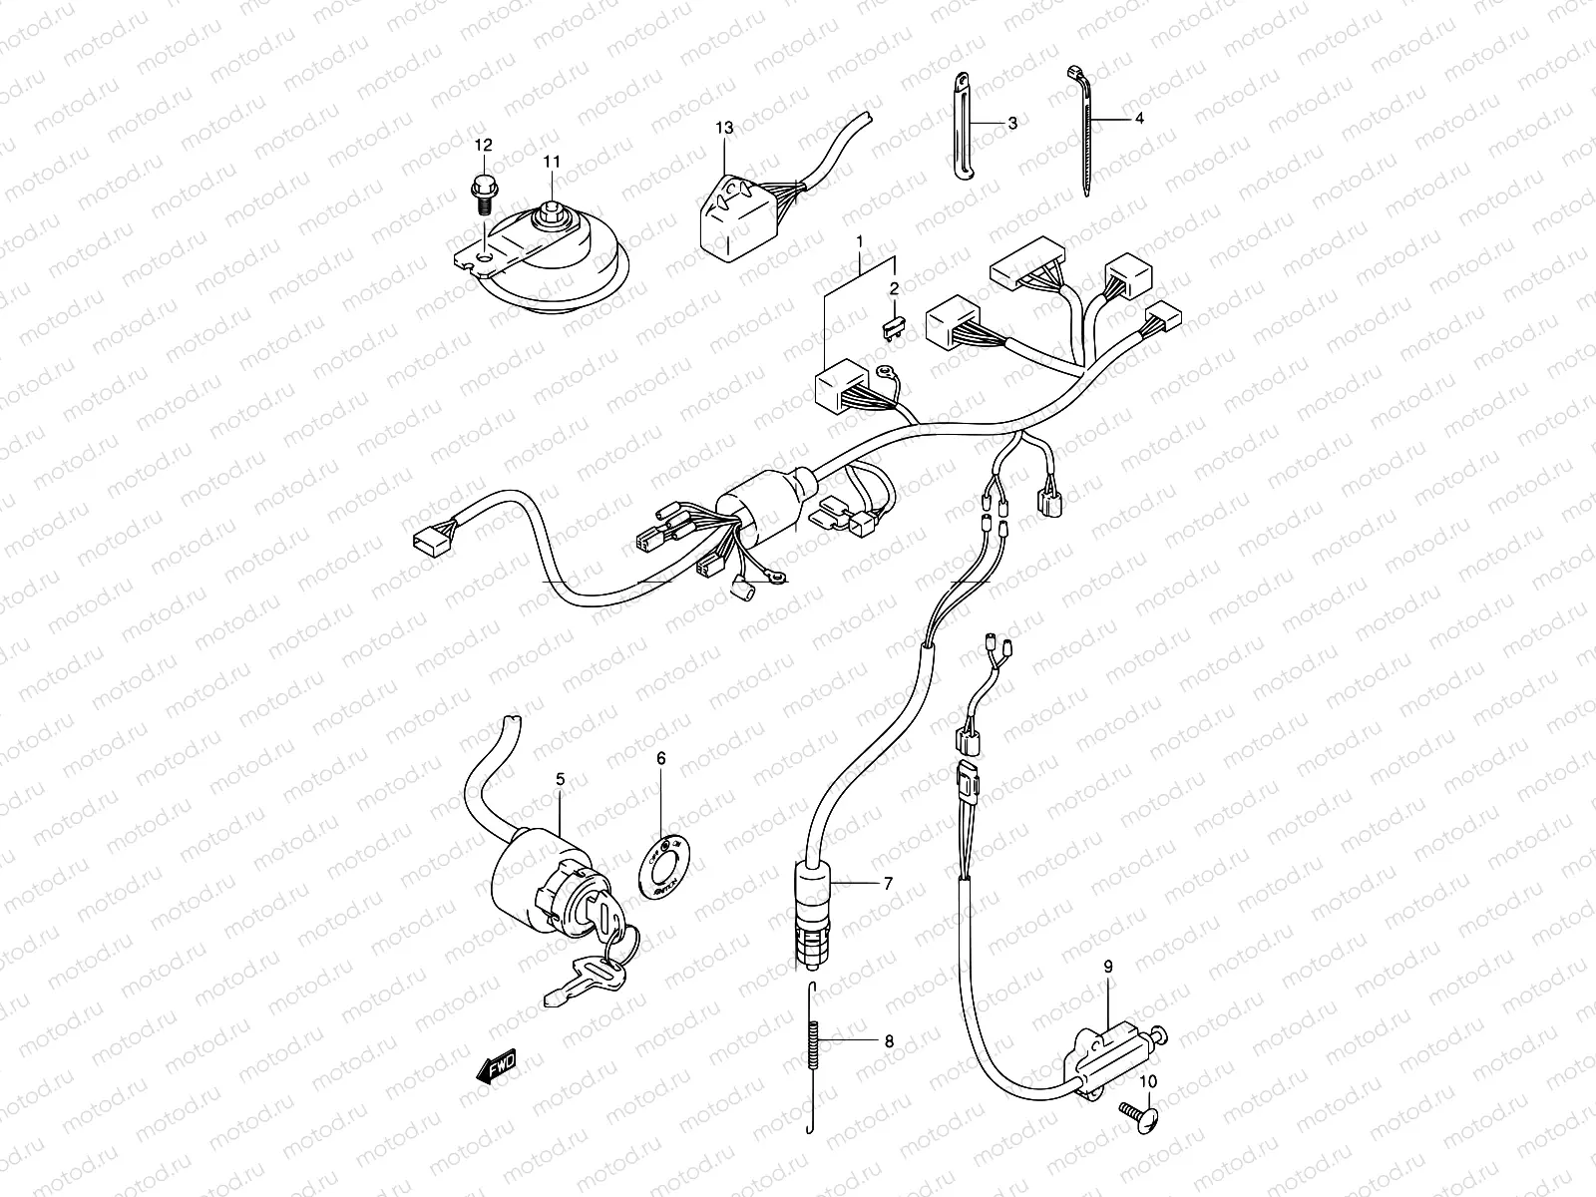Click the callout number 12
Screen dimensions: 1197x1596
pyautogui.click(x=483, y=146)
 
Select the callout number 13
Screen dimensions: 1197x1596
pyautogui.click(x=723, y=128)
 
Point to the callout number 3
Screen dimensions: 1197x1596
pyautogui.click(x=1011, y=124)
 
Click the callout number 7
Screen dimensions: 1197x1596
pyautogui.click(x=887, y=883)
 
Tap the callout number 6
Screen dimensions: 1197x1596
pyautogui.click(x=660, y=758)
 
